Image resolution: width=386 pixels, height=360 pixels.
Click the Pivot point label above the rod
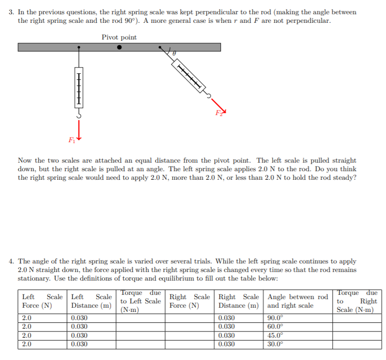119,37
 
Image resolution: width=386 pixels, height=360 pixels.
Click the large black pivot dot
119,48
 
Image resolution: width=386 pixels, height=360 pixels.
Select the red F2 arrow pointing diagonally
217,107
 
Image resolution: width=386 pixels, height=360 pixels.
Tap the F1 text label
71,140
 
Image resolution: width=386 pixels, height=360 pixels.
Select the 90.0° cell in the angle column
275,318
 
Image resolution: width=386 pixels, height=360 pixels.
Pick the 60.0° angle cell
275,326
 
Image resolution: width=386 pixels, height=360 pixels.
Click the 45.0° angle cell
275,335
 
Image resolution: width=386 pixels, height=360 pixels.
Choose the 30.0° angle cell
275,343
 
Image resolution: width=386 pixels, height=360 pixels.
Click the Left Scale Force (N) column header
42,301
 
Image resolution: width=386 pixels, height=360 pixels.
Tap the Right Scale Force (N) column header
189,301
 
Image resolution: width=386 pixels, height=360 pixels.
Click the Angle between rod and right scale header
297,301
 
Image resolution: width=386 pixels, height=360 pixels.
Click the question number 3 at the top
11,12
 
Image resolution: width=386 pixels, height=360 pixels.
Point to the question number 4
11,262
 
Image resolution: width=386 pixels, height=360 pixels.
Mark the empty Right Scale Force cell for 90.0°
189,318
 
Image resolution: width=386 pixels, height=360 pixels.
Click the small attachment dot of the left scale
79,48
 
